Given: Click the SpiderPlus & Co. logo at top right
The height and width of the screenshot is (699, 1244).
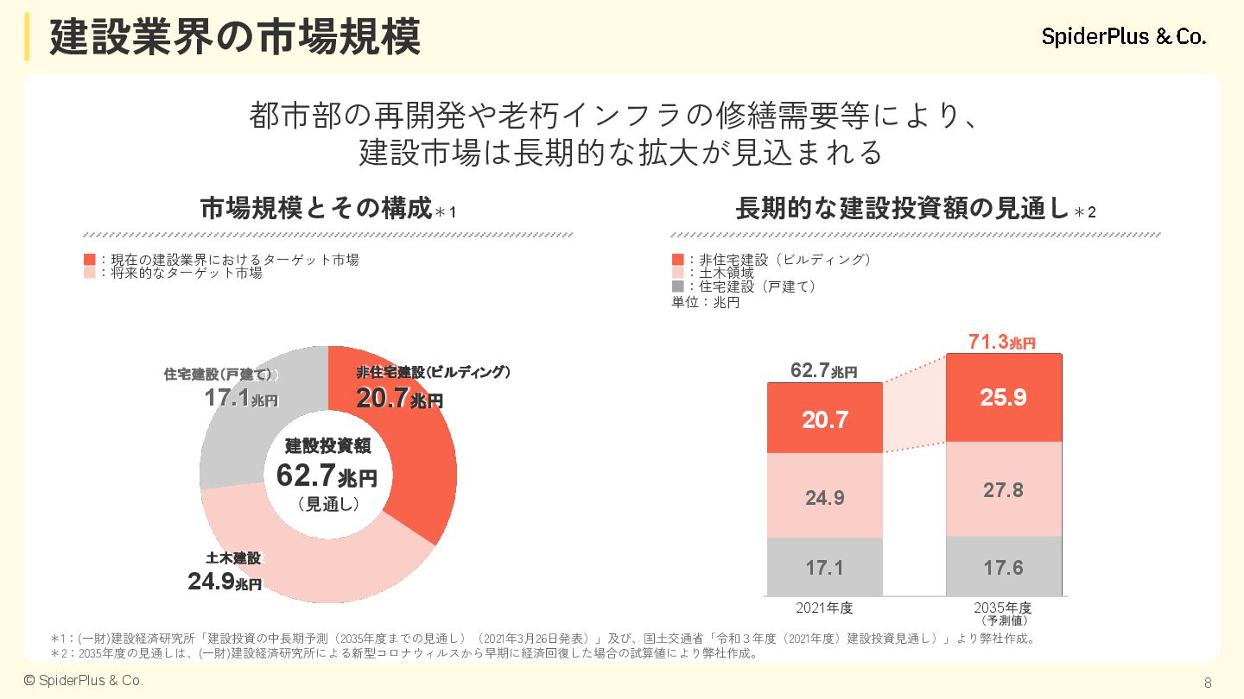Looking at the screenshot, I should [x=1124, y=37].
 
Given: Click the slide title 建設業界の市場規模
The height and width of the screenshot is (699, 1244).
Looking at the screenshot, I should [x=235, y=38].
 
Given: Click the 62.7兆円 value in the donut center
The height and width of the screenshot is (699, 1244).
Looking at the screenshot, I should [x=327, y=475].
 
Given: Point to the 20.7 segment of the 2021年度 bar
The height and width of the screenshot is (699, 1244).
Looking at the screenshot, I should [x=825, y=419].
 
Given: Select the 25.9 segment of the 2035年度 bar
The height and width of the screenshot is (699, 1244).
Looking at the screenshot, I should [x=1004, y=398].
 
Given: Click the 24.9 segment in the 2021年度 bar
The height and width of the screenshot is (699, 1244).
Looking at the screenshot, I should [x=825, y=497].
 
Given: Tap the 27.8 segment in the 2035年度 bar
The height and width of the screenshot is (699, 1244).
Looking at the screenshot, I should [x=1004, y=490].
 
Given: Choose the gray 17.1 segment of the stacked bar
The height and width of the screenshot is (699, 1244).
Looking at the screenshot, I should [x=825, y=568].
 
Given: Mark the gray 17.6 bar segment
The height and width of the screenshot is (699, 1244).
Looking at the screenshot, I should [x=1004, y=567].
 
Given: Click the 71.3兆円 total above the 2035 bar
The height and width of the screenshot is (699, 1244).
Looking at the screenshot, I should [x=1002, y=343].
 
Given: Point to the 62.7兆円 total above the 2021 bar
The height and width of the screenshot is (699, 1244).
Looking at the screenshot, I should [x=824, y=372].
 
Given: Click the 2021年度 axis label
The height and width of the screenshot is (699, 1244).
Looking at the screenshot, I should [x=824, y=608].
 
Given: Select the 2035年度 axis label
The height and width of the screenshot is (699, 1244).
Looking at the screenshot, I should [x=1003, y=608].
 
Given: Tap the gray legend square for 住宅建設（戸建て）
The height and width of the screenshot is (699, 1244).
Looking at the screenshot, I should [x=677, y=287].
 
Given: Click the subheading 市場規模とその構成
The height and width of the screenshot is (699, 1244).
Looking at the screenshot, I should [x=315, y=209].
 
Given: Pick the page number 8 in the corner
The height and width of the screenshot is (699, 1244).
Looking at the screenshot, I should [x=1208, y=683].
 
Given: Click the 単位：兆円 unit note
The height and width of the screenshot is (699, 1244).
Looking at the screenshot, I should [x=706, y=302].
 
